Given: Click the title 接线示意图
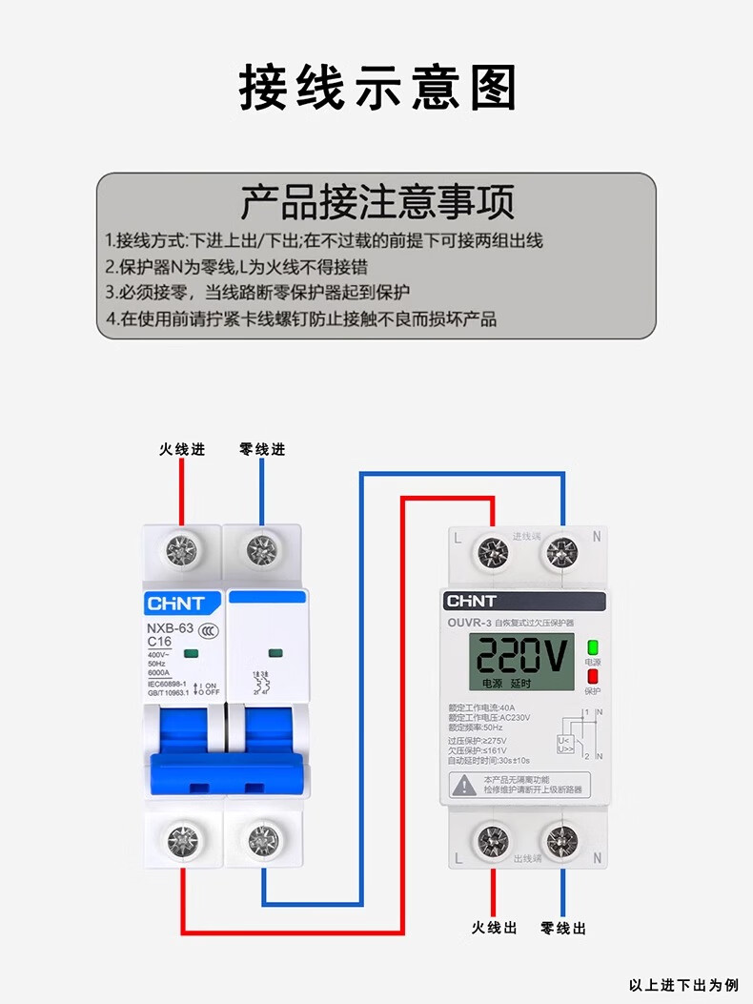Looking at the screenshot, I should coord(377,88).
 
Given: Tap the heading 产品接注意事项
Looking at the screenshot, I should coord(376,202).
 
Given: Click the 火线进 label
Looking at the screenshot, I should coord(181,449).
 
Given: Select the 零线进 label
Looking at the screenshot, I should coord(262,449).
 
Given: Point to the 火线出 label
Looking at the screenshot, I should coord(494,928).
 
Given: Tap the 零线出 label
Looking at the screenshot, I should coord(563,928).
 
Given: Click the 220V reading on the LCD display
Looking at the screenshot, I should coord(521,656).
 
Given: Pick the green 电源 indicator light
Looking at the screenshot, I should coord(592,646).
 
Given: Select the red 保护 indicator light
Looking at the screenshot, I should coord(592,676).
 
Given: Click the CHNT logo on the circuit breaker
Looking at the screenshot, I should coord(174,604).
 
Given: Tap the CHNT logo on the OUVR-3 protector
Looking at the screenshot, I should coord(472,602).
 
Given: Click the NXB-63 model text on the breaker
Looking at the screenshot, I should coord(171,627).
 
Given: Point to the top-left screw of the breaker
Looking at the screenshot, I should coord(181,549).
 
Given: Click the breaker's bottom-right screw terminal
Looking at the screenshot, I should coord(262,839).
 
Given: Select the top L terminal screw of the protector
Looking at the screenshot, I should coord(493,552).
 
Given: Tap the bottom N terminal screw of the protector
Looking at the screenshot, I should coord(561,841).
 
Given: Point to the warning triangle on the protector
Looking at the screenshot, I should coord(463,785).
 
